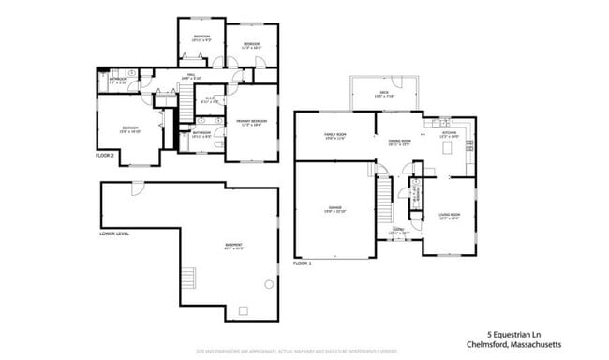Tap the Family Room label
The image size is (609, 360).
point(336,137)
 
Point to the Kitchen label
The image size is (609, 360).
point(450,135)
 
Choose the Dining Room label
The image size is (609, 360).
point(401,142)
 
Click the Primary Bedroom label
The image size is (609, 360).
point(251,122)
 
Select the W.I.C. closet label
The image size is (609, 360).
point(212,101)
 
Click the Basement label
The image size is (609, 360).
point(232,247)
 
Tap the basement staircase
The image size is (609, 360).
point(189,279)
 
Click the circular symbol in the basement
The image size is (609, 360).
point(269,283)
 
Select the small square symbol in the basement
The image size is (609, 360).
point(244,310)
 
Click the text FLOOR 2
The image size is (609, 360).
point(105,155)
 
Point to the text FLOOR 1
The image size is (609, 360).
point(302,263)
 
